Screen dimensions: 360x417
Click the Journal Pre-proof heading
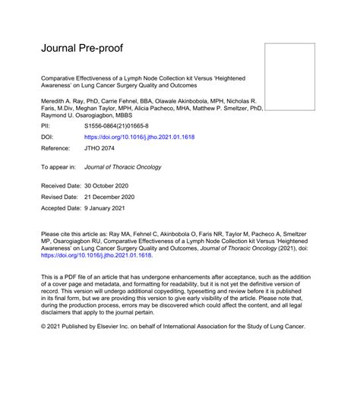(82, 49)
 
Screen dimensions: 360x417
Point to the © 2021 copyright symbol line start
(44, 324)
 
